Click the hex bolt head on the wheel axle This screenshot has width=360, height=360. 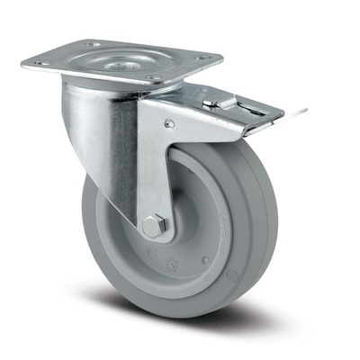tap(152, 227)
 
